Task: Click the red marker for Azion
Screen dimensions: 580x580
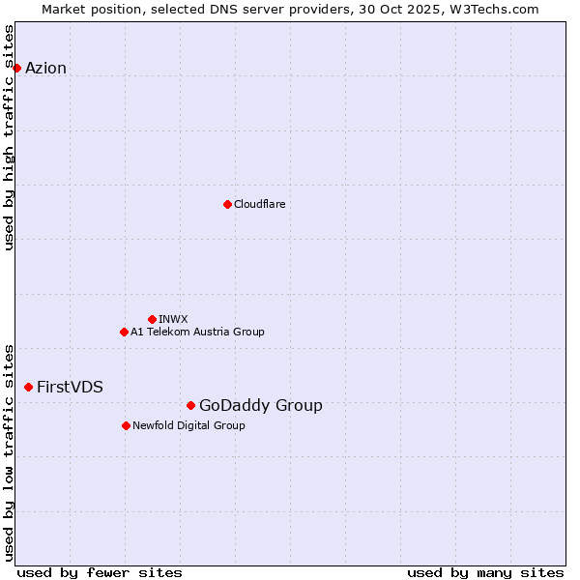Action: pos(16,68)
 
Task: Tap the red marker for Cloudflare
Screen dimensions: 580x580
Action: pos(227,204)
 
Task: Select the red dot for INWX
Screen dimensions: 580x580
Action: pos(152,319)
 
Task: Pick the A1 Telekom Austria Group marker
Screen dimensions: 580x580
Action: pos(124,332)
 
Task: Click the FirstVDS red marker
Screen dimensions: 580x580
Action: pos(28,387)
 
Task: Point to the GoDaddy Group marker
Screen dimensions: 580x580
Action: pos(190,405)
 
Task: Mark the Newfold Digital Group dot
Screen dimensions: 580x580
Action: pos(126,425)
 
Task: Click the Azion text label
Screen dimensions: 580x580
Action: pos(45,68)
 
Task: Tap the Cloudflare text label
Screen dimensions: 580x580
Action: pos(259,204)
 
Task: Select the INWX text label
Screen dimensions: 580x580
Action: pos(173,319)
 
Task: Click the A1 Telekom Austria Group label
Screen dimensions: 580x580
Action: pos(197,332)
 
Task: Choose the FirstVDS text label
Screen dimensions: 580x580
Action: pos(70,387)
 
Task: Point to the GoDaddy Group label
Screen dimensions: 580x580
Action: pos(260,405)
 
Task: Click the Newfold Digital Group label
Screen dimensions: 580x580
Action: pos(188,425)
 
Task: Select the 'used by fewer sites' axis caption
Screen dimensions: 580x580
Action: pos(100,572)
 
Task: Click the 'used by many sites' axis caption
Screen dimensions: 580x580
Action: pos(485,572)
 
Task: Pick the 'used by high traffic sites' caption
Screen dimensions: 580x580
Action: pos(9,137)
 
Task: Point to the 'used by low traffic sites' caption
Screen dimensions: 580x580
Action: pos(9,451)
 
